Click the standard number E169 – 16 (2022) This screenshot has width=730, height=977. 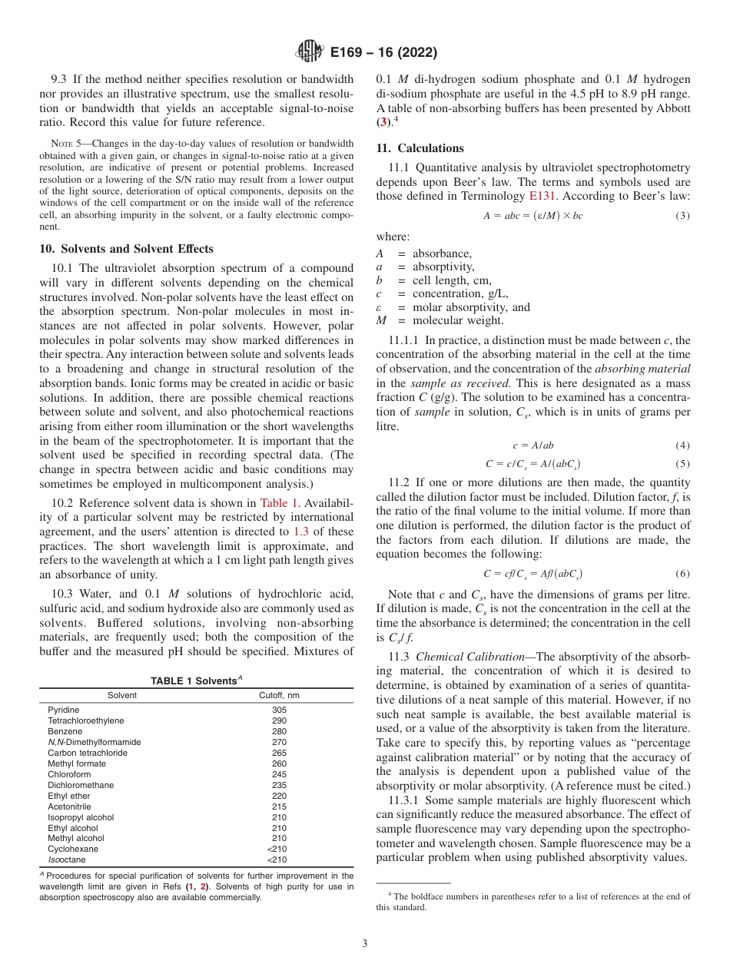pyautogui.click(x=383, y=53)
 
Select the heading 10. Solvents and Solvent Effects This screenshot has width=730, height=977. pyautogui.click(x=127, y=249)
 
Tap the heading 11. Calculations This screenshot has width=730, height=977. pyautogui.click(x=420, y=148)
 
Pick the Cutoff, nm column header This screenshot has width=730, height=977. pyautogui.click(x=279, y=696)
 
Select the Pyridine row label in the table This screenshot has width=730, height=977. pyautogui.click(x=63, y=710)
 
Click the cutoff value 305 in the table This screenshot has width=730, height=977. pyautogui.click(x=279, y=710)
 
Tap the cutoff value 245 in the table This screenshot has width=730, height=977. pyautogui.click(x=279, y=774)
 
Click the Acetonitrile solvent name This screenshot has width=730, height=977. pyautogui.click(x=69, y=806)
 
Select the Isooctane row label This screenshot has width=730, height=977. pyautogui.click(x=67, y=860)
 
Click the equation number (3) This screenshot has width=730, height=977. pyautogui.click(x=682, y=216)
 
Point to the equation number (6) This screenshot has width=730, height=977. pyautogui.click(x=682, y=574)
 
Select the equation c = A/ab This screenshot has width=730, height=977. pyautogui.click(x=533, y=445)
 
